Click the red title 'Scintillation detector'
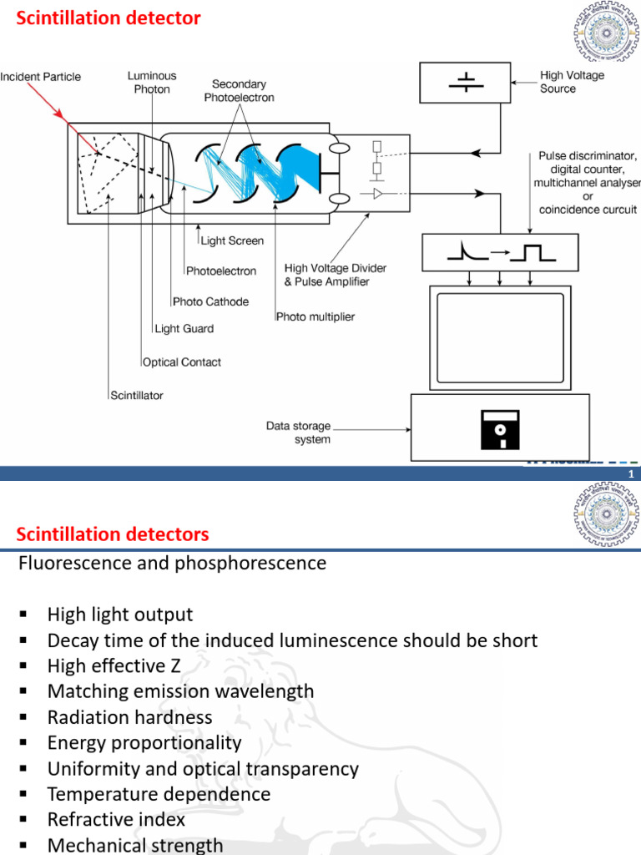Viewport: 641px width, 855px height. pos(109,18)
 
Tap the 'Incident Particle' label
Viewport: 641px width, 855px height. pos(41,77)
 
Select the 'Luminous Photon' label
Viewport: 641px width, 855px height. pos(151,82)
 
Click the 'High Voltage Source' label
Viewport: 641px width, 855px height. pos(572,82)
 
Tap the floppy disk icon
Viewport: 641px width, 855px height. pos(499,430)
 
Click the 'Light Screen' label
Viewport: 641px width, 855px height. pos(232,240)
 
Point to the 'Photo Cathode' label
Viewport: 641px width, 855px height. pos(210,301)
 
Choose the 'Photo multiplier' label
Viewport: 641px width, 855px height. pos(315,316)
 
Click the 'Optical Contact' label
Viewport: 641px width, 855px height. pos(182,362)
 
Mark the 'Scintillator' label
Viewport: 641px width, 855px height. pos(137,395)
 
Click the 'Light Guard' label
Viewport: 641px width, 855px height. pos(184,329)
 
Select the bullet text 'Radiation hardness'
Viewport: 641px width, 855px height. pos(129,717)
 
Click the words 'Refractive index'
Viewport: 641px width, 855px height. pos(116,819)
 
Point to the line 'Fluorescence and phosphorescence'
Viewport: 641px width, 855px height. pos(172,563)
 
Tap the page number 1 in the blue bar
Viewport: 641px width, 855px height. pos(631,474)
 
